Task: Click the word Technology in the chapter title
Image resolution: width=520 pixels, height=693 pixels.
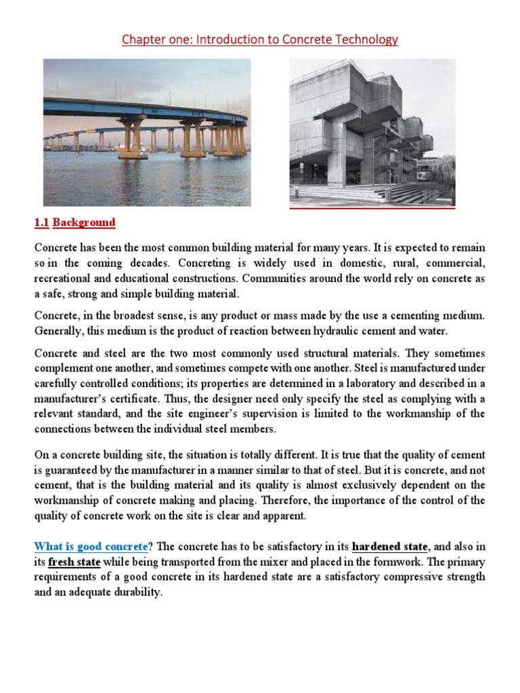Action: click(x=366, y=40)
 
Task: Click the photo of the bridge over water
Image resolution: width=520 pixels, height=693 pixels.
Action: click(x=147, y=132)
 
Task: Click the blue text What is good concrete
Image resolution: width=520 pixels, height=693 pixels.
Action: click(x=91, y=546)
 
